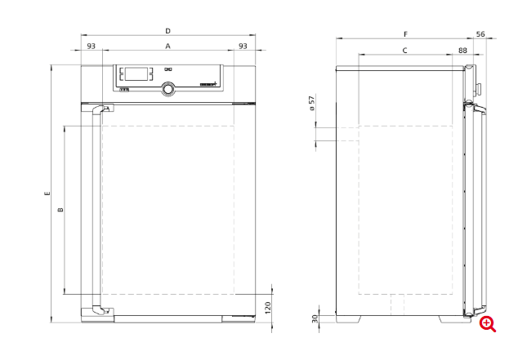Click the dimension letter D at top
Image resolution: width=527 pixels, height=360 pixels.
coord(167,30)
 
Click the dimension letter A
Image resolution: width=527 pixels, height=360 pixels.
coord(167,47)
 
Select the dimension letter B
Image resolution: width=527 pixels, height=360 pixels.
coord(60,211)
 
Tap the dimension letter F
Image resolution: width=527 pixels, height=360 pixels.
coord(405,34)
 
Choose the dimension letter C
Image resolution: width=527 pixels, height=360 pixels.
coord(405,51)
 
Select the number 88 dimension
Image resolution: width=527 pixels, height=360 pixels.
coord(463,51)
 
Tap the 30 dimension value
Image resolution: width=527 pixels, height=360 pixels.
coord(315,318)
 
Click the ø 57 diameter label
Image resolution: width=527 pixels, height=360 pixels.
coord(311,104)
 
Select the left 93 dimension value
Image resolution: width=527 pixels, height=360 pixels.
coord(92,47)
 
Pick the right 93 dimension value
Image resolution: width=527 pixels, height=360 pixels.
coord(243,47)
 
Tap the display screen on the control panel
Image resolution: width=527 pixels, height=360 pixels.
coord(136,73)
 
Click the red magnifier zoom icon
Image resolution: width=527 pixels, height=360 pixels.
coord(488,324)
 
